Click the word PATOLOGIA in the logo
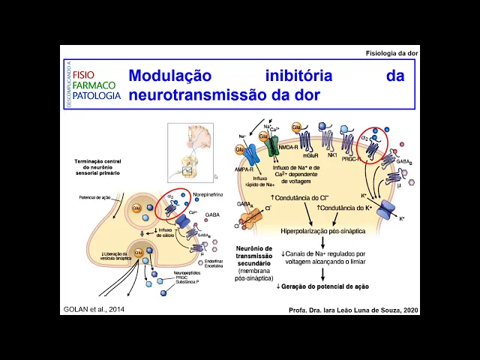tap(97, 95)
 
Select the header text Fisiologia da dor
tap(391, 53)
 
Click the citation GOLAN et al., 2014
tap(92, 310)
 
